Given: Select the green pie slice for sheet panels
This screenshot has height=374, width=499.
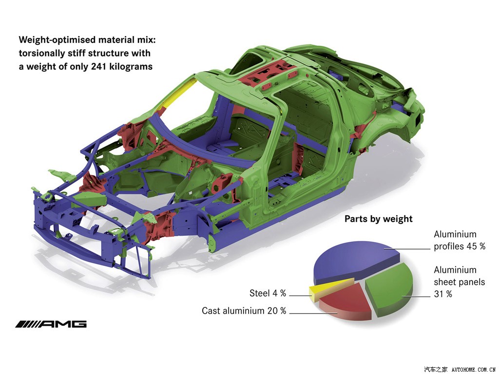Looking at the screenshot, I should point(390,287).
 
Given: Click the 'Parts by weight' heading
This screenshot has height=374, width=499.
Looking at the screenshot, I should point(378,219).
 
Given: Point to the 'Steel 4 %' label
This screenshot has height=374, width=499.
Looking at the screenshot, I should point(268,293).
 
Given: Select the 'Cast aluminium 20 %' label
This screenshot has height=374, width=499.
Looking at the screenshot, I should point(244,311).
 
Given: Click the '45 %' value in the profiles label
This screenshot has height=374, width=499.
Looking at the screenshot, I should point(476,246).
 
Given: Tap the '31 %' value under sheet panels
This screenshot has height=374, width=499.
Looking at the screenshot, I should point(443,294).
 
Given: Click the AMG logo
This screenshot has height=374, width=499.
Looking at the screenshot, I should point(51,324).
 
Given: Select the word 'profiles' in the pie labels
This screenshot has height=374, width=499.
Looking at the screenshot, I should point(449,246).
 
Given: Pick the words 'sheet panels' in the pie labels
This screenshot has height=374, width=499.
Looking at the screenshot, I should point(460,282).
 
